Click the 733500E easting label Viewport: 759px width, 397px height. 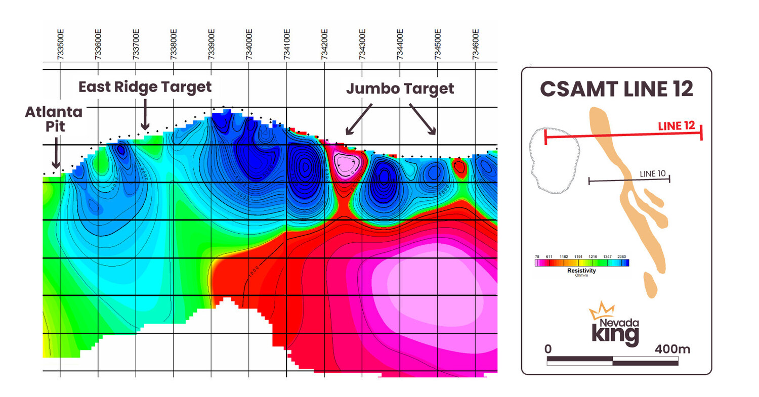60,45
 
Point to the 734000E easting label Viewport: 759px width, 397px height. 249,45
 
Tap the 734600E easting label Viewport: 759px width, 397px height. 476,45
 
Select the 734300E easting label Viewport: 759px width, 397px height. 362,45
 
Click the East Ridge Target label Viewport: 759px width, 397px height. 145,87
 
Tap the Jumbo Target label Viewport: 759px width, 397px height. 400,89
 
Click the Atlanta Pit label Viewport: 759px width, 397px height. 54,119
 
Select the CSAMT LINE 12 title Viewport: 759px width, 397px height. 616,89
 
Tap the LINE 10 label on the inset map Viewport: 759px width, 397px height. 653,174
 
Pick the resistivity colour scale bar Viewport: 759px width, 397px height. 582,263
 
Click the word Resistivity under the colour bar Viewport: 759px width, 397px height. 581,271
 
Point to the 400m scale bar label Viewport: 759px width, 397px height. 672,349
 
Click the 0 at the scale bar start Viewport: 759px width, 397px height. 548,349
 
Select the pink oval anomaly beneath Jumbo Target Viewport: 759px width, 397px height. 349,164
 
